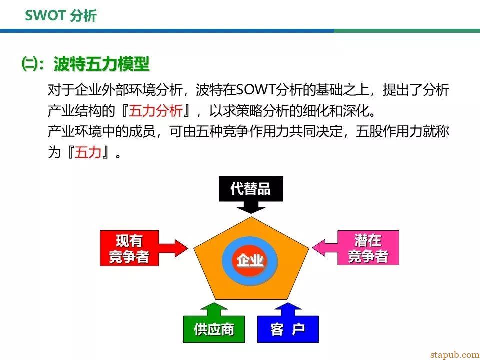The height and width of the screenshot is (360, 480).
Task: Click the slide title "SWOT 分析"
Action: (x=61, y=15)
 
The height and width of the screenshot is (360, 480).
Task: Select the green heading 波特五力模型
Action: (x=102, y=64)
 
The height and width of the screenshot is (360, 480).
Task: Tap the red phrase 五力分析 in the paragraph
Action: (x=156, y=111)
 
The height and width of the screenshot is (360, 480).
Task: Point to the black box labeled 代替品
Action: (x=251, y=189)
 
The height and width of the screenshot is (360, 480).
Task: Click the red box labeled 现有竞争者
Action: (x=129, y=248)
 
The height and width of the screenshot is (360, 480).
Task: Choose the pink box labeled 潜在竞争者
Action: (x=368, y=248)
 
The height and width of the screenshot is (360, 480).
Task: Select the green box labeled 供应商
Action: (x=214, y=329)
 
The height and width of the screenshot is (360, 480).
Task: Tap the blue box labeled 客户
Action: (x=288, y=329)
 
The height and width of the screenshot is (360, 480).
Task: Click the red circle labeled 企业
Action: (x=250, y=260)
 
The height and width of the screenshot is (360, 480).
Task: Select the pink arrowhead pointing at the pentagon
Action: (x=319, y=247)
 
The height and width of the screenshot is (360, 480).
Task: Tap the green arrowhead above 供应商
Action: (x=214, y=306)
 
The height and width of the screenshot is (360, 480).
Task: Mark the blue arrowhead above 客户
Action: (x=288, y=306)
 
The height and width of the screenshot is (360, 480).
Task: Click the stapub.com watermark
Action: (x=455, y=355)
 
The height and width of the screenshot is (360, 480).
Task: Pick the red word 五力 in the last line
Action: (x=88, y=152)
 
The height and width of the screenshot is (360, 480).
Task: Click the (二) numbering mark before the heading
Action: (x=29, y=64)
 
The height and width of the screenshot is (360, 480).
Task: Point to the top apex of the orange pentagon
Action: (x=251, y=217)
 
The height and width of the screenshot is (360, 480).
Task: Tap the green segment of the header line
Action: (x=407, y=31)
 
